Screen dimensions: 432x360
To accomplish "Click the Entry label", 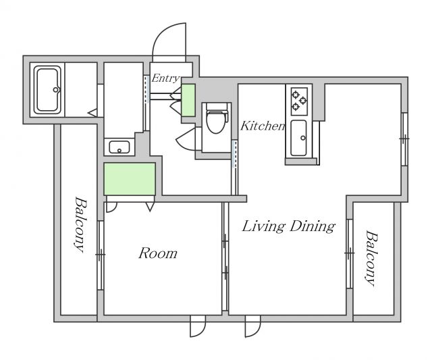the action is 165,78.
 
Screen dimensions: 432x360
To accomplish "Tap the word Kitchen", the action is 263,126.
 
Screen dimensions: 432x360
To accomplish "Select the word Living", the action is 263,226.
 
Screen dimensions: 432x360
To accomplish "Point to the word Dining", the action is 312,226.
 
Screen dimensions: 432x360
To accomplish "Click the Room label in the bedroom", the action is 157,253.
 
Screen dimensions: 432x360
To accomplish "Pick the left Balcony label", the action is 80,224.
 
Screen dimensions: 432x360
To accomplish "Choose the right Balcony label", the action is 371,258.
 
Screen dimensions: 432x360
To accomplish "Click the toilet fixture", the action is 217,118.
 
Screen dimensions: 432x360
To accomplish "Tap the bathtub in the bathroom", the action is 47,90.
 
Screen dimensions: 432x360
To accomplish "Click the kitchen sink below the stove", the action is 298,138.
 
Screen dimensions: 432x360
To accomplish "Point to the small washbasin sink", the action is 119,147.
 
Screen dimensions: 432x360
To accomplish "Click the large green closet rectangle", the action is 130,179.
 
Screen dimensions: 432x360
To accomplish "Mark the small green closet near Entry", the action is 188,100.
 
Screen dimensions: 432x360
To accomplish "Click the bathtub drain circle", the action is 56,90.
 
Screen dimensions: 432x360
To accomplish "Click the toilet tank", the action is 217,106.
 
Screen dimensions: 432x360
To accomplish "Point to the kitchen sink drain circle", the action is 303,138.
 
